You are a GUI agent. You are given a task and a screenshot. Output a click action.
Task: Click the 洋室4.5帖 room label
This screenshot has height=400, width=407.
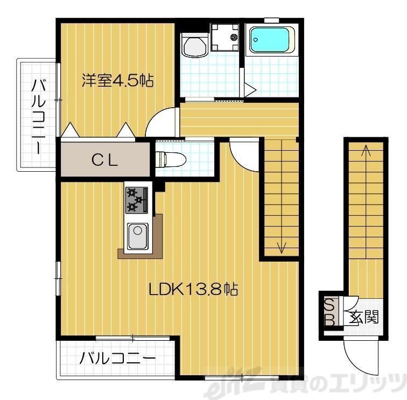(117, 81)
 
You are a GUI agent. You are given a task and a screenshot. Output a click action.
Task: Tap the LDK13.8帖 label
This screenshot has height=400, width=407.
(193, 289)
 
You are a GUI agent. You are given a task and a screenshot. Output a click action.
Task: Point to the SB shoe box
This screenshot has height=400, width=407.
(330, 312)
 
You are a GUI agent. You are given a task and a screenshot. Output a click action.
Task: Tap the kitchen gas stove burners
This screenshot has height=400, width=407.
(137, 200)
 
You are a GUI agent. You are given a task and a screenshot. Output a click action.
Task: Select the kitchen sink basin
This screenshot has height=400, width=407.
(138, 235)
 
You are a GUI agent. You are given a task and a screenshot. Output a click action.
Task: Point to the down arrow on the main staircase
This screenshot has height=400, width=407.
(281, 247)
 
